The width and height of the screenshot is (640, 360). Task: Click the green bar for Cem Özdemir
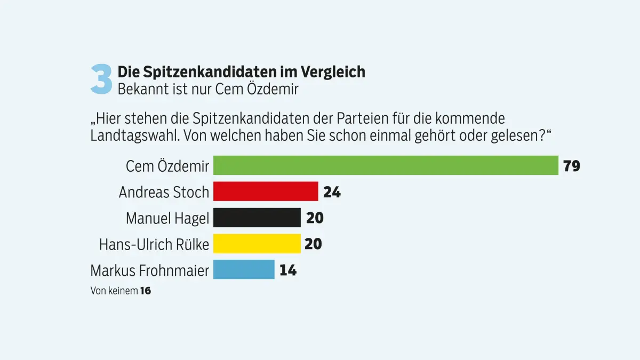pos(386,165)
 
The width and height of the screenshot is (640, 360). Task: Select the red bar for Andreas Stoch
pos(266,191)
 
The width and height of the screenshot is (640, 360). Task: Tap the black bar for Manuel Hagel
pos(257,218)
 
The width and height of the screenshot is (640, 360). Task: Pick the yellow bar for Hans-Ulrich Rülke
pos(257,244)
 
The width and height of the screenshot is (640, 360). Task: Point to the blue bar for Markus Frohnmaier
pos(244,269)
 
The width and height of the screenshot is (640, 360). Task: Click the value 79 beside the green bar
pos(571,166)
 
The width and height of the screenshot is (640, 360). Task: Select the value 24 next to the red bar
pos(332,192)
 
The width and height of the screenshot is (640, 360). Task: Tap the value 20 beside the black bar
pos(315,218)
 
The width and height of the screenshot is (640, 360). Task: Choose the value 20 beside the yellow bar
pos(313,244)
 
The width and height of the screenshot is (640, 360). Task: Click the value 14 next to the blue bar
pos(287,270)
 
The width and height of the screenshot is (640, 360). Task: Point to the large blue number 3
pos(101,79)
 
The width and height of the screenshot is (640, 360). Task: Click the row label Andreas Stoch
pos(164,192)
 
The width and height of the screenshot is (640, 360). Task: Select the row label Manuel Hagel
pos(167,218)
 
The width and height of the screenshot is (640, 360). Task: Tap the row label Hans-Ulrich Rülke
pos(154,244)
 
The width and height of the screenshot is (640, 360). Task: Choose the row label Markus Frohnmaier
pos(150,270)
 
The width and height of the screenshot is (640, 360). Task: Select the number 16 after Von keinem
pos(145,291)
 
